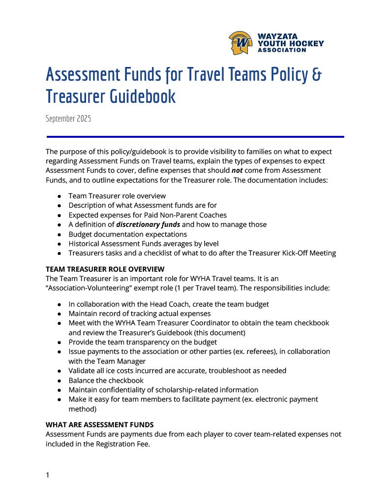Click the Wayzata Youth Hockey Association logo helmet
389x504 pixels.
(x=240, y=43)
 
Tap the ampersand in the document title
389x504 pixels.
(x=318, y=75)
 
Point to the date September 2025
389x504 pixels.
(x=68, y=119)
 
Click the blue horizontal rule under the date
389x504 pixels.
(x=195, y=137)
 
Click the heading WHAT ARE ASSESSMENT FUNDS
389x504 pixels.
(x=99, y=424)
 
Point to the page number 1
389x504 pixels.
(x=48, y=475)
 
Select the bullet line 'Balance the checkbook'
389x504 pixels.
(x=106, y=380)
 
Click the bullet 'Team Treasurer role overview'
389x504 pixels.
(x=117, y=196)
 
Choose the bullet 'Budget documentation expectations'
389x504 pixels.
(x=127, y=234)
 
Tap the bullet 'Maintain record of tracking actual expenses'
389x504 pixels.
(x=139, y=314)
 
